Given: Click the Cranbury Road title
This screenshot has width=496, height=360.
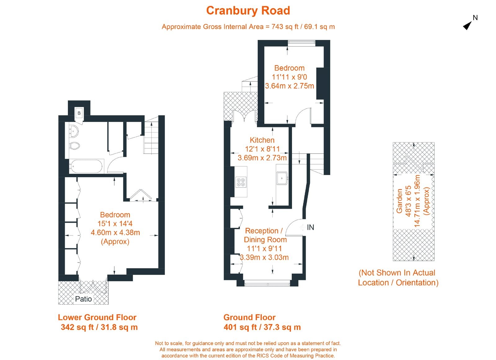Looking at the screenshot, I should click(248, 11).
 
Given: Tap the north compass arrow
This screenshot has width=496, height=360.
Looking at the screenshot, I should click(467, 25).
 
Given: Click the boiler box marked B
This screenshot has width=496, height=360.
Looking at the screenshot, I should click(79, 113).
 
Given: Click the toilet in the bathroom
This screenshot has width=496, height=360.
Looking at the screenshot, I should click(75, 145).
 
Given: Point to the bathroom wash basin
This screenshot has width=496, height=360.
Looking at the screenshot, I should click(73, 131).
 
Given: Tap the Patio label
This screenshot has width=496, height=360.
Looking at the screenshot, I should click(83, 299).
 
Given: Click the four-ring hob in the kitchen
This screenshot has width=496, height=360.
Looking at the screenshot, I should click(241, 182).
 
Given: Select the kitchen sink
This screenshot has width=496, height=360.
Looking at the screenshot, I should click(282, 178).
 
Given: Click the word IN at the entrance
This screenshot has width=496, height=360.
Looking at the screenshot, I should click(310, 227).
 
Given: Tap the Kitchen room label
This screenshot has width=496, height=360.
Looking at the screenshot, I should click(262, 140).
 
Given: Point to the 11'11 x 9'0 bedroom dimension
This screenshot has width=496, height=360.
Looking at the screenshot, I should click(289, 77).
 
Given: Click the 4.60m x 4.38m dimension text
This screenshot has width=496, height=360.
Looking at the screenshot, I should click(115, 232).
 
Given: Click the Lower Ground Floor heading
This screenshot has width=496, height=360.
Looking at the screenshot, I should click(97, 317).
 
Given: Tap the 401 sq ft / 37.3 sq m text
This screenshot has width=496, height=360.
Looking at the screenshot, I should click(262, 327).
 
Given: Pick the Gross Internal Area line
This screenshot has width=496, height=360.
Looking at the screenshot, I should click(248, 27).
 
